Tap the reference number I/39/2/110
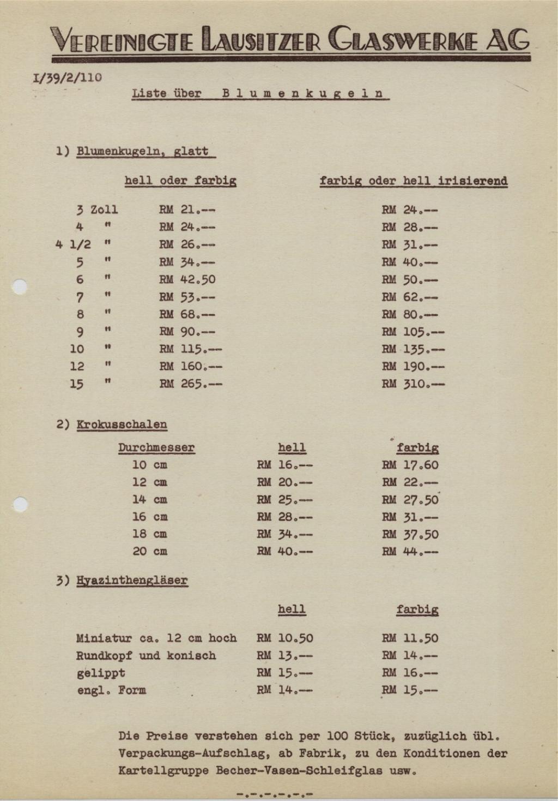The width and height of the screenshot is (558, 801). point(67,77)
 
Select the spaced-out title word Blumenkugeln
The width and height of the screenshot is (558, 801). point(305,93)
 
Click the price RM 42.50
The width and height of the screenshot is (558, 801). point(187,279)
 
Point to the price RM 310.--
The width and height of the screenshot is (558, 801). point(413,384)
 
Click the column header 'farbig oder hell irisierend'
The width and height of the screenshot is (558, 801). point(414,181)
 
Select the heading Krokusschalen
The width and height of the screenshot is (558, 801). point(122,425)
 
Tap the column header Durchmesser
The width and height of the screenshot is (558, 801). point(156,448)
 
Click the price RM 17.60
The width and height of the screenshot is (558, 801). point(410,465)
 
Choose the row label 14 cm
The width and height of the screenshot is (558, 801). point(149,499)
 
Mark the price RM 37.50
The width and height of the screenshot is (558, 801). point(410,534)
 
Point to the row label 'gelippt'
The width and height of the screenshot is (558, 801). point(101,673)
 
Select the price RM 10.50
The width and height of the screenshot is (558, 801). point(285,638)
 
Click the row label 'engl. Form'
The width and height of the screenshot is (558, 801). point(112,690)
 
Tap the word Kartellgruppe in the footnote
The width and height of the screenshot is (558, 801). point(164,771)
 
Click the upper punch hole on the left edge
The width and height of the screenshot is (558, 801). point(20,286)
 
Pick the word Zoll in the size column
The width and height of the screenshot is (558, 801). point(104,210)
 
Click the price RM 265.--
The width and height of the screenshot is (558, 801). point(191,384)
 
